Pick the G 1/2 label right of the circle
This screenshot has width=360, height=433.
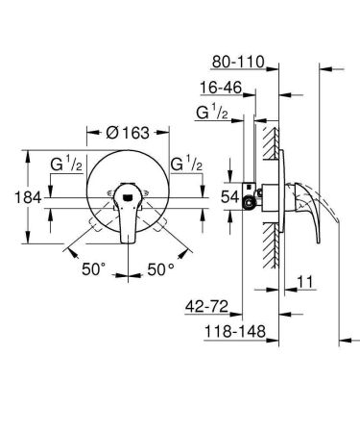point(185,164)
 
